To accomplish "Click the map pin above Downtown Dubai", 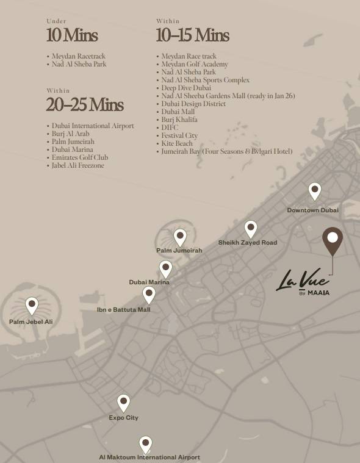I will coord(315,191).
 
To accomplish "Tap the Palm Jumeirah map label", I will coord(179,250).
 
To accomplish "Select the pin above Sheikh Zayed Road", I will coord(251,229).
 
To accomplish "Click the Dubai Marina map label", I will coord(149,282).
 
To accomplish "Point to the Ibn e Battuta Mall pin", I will coord(149,295).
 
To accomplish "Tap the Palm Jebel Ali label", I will coord(31,321).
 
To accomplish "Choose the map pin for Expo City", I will coord(124,403).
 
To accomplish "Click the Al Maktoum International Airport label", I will coord(149,457).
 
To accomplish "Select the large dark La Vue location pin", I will coord(333,240).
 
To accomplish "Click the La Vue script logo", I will coord(303,282).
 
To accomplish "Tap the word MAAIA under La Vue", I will coord(319,293).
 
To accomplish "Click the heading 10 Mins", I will coord(71,35).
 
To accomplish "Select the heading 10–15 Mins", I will coord(192,35).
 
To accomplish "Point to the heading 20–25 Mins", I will coord(85,105).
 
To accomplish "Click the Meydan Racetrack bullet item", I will coord(78,56).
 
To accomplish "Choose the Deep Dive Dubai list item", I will coord(186,88).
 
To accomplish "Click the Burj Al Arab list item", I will coord(73,134).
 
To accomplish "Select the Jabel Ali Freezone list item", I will coord(78,165).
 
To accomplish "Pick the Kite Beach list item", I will coord(177,143).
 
